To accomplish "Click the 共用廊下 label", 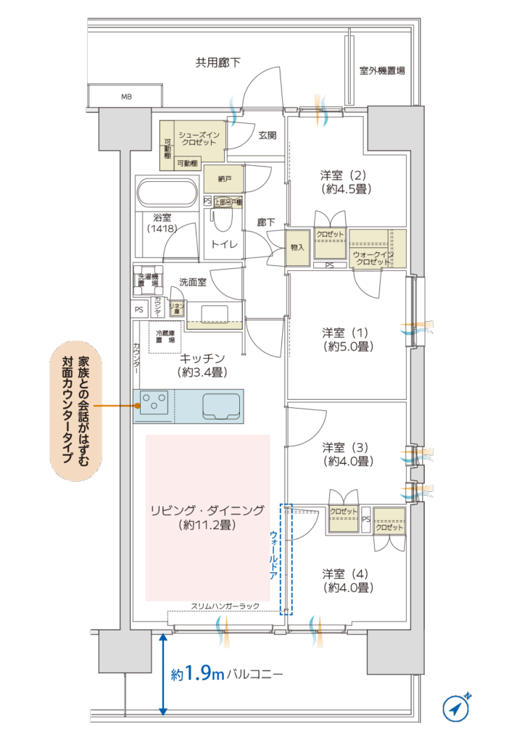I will (217, 63).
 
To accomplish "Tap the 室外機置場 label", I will (381, 71).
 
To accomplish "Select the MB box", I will (126, 96).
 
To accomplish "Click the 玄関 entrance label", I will (267, 136).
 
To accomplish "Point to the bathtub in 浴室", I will (167, 194).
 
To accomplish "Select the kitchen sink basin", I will (223, 405).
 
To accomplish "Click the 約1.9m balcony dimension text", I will (198, 674).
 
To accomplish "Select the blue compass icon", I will (456, 708).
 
